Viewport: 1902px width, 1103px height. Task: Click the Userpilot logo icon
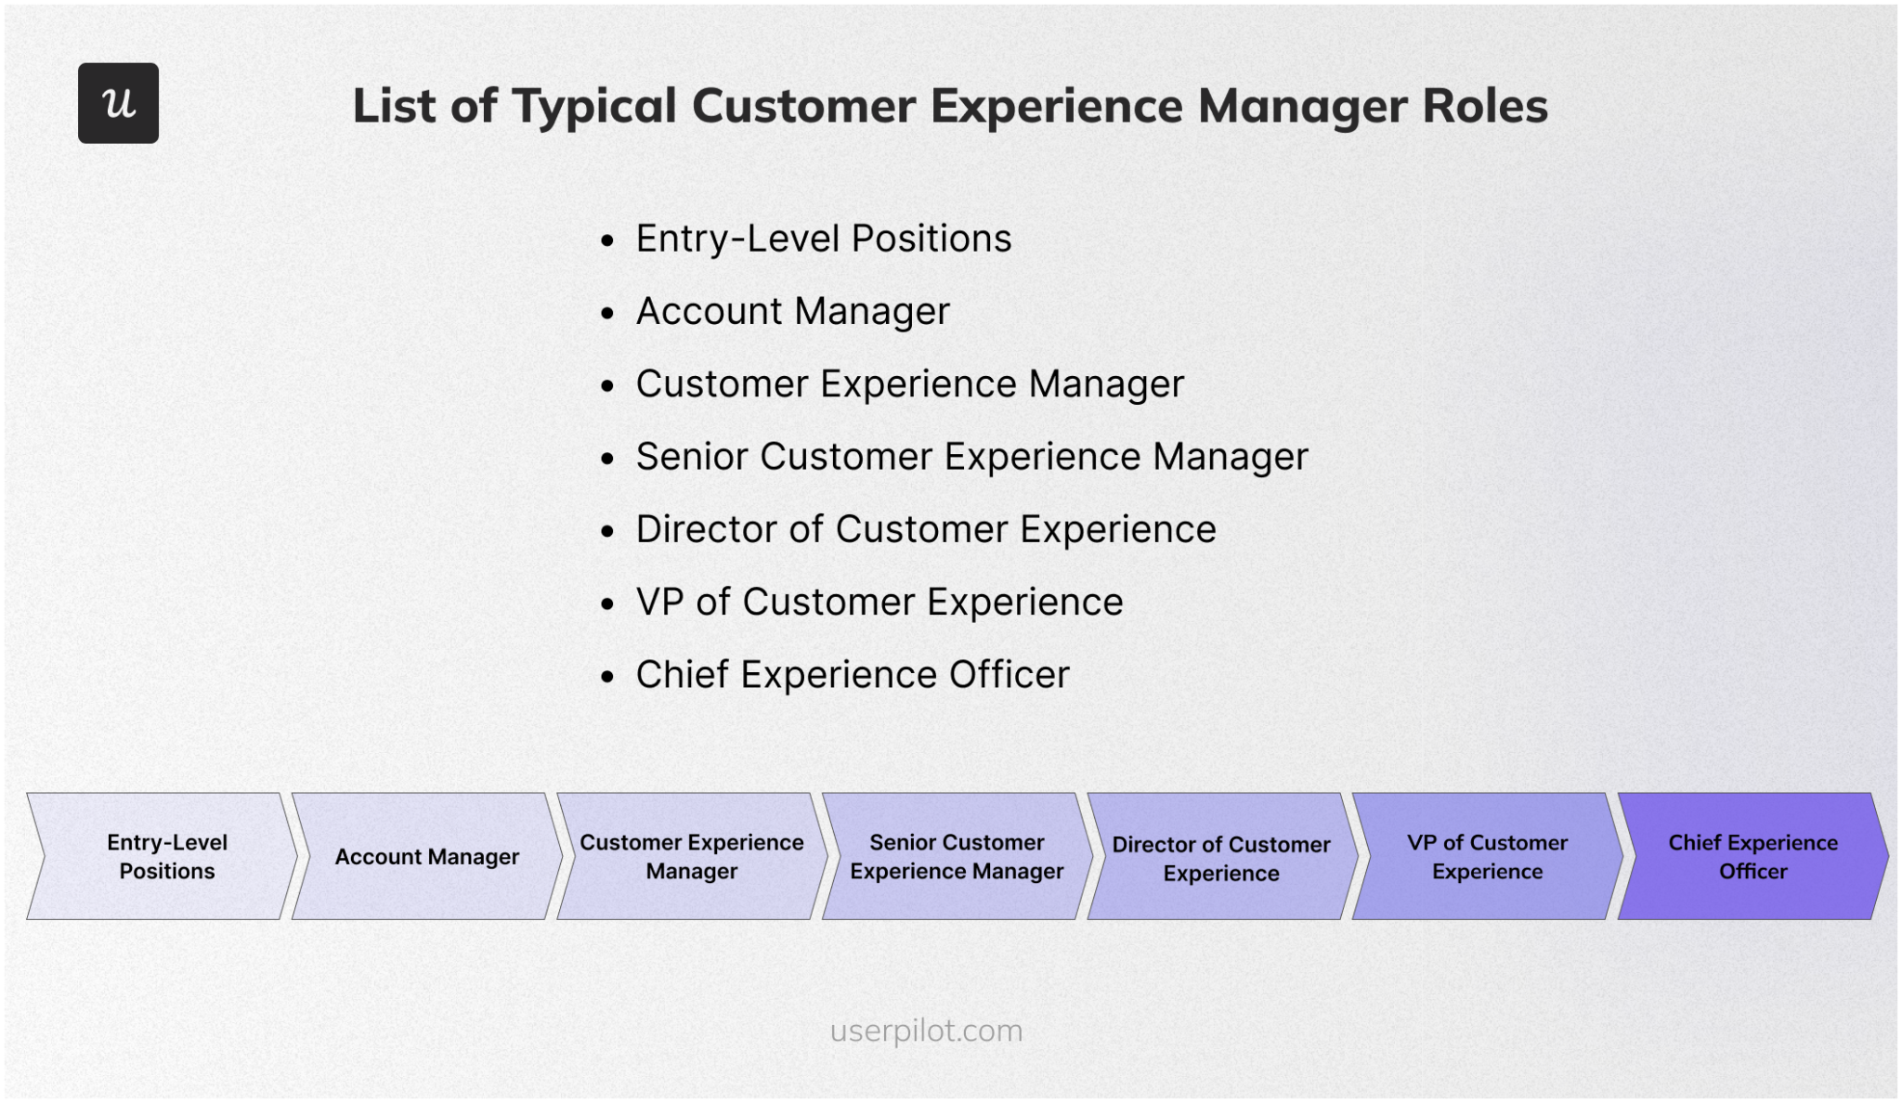[x=118, y=103]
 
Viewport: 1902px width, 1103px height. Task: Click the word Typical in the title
[x=593, y=107]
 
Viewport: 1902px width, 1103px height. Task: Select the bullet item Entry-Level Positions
[x=823, y=239]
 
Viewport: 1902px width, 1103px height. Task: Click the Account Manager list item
[x=792, y=311]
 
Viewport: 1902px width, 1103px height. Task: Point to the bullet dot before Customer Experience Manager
[x=607, y=386]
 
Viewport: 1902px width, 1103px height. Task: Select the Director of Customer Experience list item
[x=925, y=529]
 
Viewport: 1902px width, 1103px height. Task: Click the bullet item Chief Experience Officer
[x=852, y=675]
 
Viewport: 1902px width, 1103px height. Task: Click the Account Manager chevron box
[x=426, y=856]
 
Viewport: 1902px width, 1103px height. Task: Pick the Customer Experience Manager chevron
[x=691, y=856]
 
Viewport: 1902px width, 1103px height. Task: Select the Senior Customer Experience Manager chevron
[x=957, y=856]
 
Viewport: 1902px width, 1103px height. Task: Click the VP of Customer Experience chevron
[x=1486, y=856]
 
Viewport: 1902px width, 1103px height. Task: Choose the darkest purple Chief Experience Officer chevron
[x=1752, y=856]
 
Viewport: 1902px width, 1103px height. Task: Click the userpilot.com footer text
[x=926, y=1031]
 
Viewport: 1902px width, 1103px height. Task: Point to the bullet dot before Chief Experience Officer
[x=607, y=677]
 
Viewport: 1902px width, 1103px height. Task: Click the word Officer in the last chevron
[x=1752, y=872]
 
